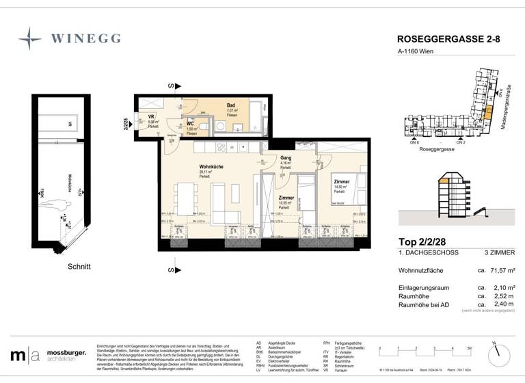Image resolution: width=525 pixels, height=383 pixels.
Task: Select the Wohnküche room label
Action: click(212, 167)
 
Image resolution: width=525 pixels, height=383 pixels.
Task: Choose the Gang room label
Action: click(286, 158)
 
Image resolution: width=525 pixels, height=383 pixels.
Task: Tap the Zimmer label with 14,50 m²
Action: click(342, 182)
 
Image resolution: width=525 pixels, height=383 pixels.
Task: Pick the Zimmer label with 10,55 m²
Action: click(286, 197)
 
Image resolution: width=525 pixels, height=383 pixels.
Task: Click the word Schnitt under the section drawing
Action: click(79, 266)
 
